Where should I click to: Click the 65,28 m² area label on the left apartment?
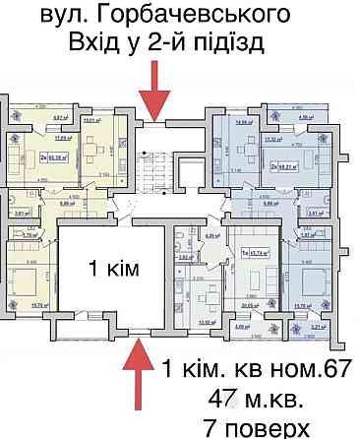[x=55, y=155]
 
